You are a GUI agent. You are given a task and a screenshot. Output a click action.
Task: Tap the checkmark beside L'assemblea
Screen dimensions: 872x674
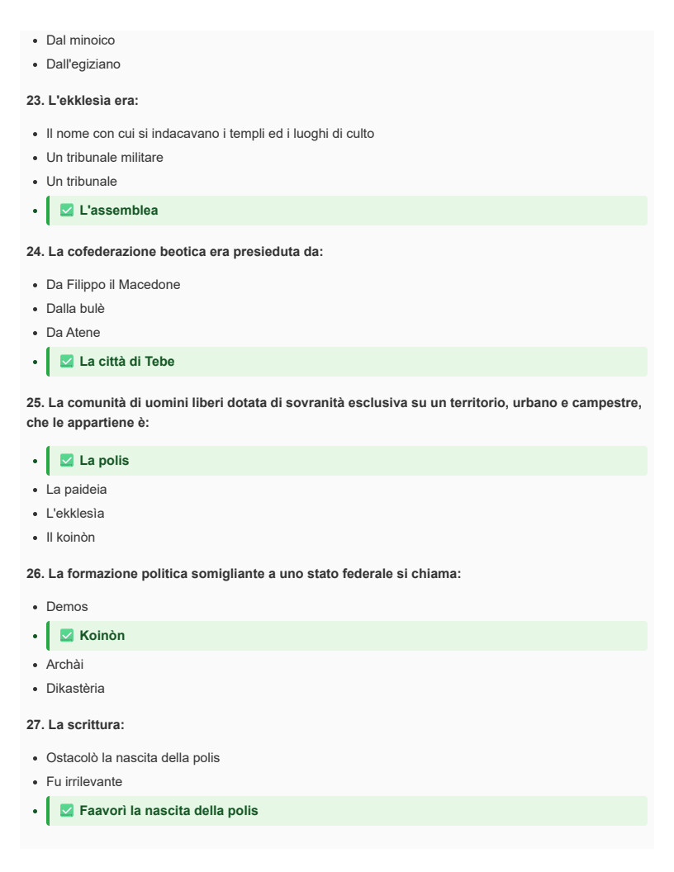coord(67,211)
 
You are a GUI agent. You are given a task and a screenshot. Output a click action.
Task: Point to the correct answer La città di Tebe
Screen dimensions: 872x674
coord(126,362)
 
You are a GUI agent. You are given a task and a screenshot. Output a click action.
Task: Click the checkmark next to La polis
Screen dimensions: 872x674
coord(67,461)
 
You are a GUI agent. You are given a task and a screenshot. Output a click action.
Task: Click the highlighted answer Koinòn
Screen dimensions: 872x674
coord(102,636)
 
